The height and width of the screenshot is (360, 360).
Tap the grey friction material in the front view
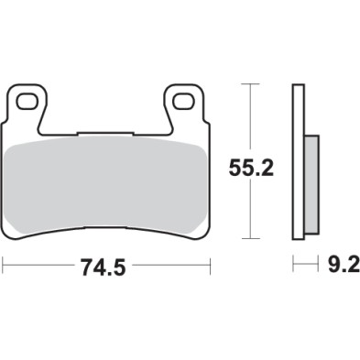[107, 183]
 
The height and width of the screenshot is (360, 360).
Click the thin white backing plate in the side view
[298, 165]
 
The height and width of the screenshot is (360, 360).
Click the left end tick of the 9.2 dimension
[294, 266]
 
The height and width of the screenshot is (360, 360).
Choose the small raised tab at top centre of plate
[107, 133]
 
